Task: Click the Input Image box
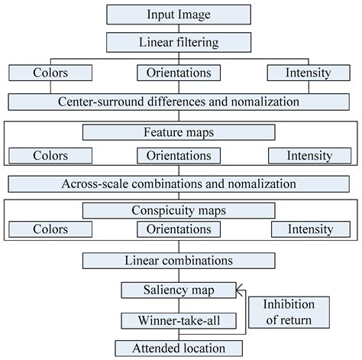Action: tap(181, 15)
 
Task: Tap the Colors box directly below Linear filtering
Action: tap(50, 74)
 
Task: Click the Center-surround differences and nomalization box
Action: tap(181, 100)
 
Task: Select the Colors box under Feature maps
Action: tap(50, 155)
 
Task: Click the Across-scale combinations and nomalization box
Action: tap(181, 183)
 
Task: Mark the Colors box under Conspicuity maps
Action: tap(50, 229)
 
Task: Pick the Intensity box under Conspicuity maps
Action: tap(309, 229)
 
